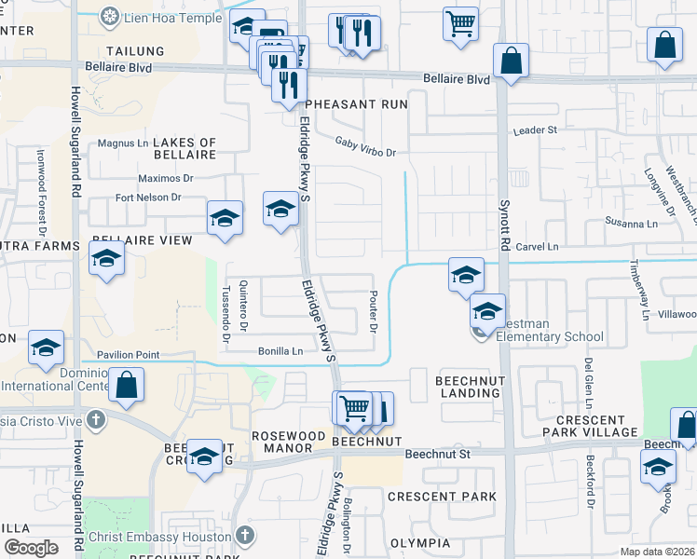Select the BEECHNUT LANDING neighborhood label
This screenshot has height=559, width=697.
[469, 387]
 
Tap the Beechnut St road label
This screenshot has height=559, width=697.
[440, 454]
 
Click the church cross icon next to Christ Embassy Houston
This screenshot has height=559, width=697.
[244, 536]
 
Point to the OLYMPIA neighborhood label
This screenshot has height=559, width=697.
[419, 543]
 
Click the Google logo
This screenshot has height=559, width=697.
[31, 548]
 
